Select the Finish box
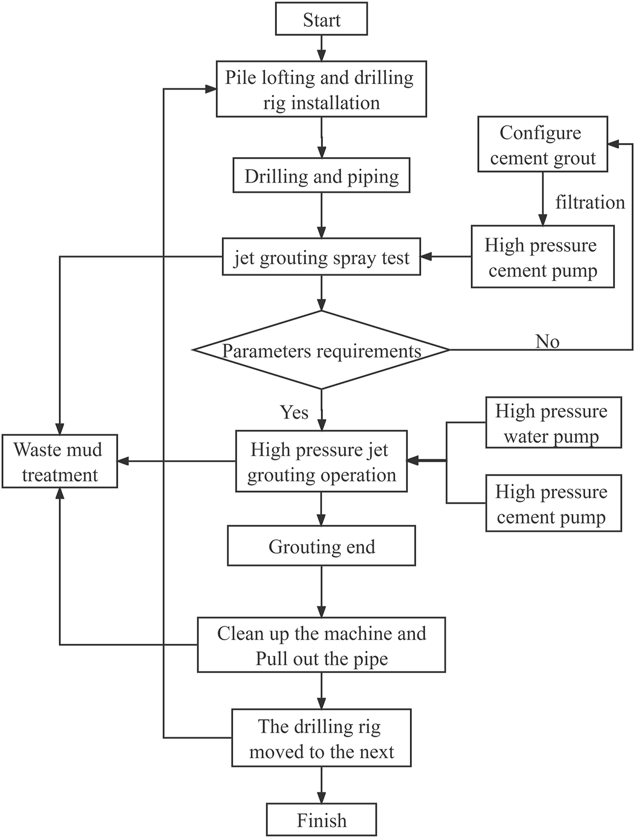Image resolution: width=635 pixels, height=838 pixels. [321, 820]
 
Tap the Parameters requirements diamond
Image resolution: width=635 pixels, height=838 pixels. [321, 350]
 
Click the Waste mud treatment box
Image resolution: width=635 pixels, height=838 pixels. [59, 461]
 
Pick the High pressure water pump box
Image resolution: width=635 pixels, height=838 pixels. [553, 423]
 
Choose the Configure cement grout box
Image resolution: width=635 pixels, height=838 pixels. [542, 145]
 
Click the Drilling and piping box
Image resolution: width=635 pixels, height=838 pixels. [321, 176]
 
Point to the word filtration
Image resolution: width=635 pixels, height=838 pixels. [590, 202]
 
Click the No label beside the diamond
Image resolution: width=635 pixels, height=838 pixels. [547, 341]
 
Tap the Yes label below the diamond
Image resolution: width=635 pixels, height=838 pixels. [294, 412]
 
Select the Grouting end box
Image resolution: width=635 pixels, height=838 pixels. [321, 546]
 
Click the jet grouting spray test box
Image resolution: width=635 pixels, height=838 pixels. [321, 257]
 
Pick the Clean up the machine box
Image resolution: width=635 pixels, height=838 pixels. [321, 645]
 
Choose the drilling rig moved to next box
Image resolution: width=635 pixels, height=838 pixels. [321, 738]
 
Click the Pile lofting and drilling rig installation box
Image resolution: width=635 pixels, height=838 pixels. [321, 89]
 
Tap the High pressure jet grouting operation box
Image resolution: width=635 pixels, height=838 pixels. [321, 462]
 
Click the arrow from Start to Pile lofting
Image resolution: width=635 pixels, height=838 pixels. [321, 48]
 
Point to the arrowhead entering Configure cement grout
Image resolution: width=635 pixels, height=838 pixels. [613, 144]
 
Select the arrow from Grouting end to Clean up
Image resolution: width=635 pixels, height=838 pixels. [321, 591]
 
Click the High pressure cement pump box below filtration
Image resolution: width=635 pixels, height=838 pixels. [542, 257]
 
